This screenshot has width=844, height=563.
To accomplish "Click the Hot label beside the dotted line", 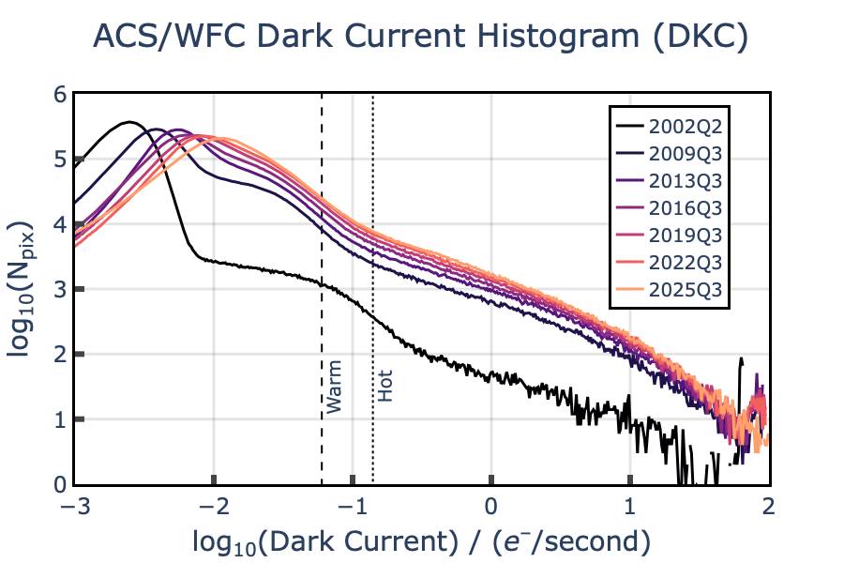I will [385, 387].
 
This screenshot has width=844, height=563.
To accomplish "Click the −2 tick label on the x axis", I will [215, 504].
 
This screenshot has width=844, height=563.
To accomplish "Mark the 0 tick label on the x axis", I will [491, 504].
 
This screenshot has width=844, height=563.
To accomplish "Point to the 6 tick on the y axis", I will [61, 95].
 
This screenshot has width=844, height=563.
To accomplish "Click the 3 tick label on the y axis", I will [61, 290].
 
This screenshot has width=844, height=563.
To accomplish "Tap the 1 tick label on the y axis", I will [61, 419].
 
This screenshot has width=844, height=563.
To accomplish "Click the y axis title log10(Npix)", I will [25, 290].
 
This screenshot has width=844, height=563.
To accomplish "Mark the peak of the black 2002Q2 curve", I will [130, 122].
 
